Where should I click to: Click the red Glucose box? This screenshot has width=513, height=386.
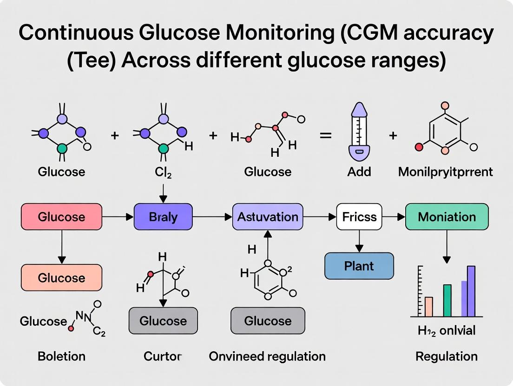[x=61, y=217]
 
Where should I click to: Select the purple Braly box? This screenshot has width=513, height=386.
[x=163, y=217]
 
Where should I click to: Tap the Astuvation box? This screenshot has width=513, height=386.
[x=268, y=217]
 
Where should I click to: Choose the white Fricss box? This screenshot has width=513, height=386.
[x=359, y=217]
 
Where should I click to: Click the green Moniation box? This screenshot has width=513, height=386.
[x=447, y=217]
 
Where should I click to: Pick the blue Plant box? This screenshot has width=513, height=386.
[x=359, y=266]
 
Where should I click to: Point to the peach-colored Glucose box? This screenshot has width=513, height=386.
[x=61, y=277]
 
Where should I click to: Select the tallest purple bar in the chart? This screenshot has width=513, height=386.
[x=471, y=291]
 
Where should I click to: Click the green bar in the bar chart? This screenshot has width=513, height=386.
[x=447, y=300]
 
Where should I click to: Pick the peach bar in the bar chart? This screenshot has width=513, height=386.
[x=428, y=306]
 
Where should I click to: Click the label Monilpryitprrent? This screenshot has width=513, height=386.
[x=445, y=172]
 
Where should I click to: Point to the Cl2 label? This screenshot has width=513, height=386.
[x=163, y=172]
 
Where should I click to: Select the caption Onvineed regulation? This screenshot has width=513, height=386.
[x=267, y=356]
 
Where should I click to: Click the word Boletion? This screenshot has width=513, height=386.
[x=61, y=356]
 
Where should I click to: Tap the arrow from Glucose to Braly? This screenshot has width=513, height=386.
[x=118, y=217]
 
